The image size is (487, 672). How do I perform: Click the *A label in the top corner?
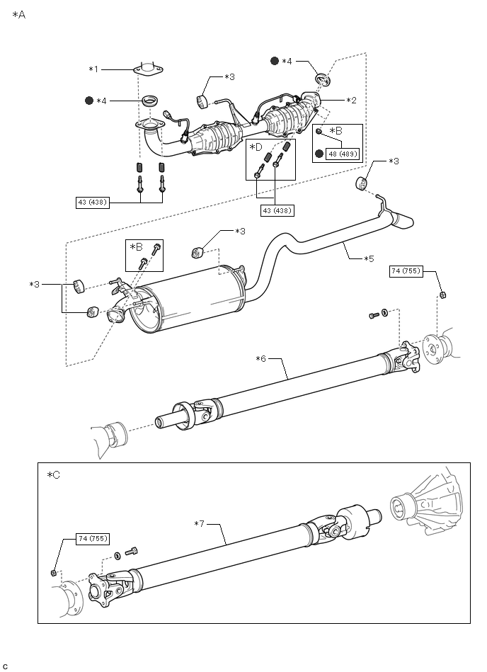pyautogui.click(x=19, y=15)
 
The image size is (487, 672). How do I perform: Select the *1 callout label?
pyautogui.click(x=93, y=69)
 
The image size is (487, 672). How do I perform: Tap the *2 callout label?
pyautogui.click(x=351, y=101)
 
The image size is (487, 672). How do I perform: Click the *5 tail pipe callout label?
pyautogui.click(x=369, y=258)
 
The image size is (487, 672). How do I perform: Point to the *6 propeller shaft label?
pyautogui.click(x=261, y=358)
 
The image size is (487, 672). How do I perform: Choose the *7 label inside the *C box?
pyautogui.click(x=199, y=524)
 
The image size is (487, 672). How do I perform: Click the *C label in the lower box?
pyautogui.click(x=54, y=475)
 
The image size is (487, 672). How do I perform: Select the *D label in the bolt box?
pyautogui.click(x=256, y=147)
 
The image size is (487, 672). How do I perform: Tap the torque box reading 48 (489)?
pyautogui.click(x=342, y=154)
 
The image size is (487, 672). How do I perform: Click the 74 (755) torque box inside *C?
pyautogui.click(x=93, y=539)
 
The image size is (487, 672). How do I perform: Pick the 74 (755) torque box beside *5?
pyautogui.click(x=406, y=271)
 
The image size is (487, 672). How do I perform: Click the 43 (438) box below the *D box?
pyautogui.click(x=277, y=210)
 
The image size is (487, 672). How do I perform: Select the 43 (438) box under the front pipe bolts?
pyautogui.click(x=93, y=203)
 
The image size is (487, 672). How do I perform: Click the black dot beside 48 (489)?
pyautogui.click(x=319, y=154)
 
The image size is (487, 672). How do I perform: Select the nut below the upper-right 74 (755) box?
pyautogui.click(x=443, y=295)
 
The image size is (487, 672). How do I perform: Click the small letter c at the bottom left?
pyautogui.click(x=5, y=666)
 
